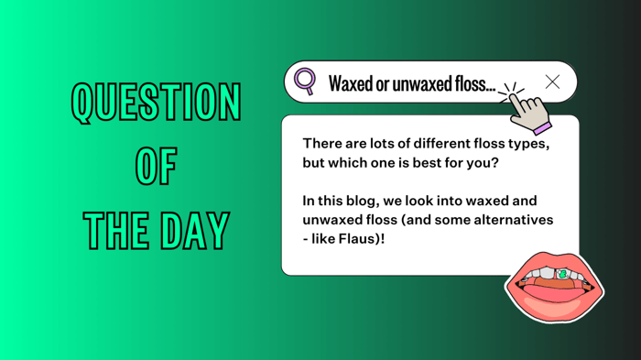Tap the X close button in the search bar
pos(552,82)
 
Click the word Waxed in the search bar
pos(348,84)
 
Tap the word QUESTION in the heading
pos(156,103)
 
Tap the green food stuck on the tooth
pos(561,274)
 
